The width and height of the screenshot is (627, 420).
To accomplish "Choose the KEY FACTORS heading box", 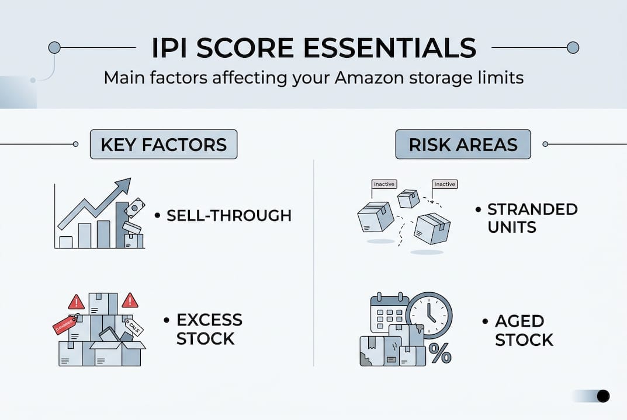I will (x=164, y=145).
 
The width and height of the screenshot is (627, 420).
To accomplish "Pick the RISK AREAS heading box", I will (x=463, y=145).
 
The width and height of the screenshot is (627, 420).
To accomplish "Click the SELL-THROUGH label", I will (x=228, y=215).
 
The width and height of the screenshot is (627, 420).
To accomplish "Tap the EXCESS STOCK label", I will (x=209, y=329).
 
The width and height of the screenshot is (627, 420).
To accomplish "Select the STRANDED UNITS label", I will (x=532, y=217).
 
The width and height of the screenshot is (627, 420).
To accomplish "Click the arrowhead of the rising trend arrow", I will (x=124, y=186).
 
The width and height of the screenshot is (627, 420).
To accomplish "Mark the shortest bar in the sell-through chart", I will (x=66, y=242).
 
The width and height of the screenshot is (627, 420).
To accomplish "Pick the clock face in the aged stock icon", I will (x=429, y=315).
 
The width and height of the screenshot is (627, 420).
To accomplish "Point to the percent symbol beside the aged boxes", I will (x=439, y=353).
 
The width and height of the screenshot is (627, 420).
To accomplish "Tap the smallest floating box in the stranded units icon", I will (x=408, y=198).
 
